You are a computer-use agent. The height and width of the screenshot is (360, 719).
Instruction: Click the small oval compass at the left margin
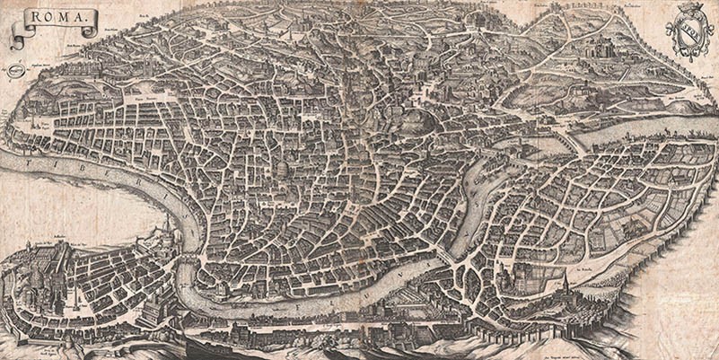click(x=15, y=69)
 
